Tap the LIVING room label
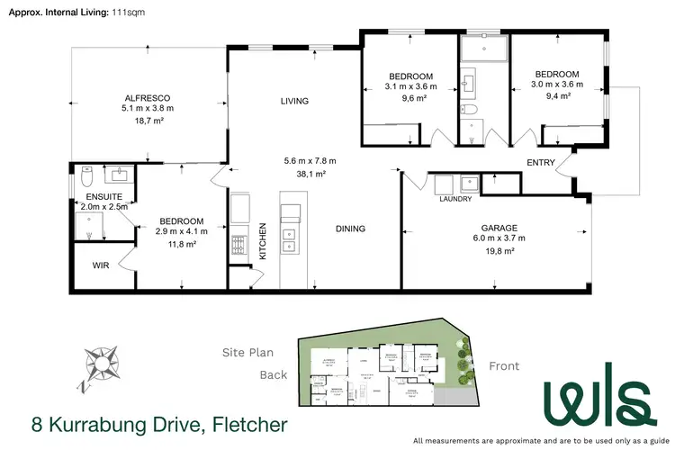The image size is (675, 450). (294, 101)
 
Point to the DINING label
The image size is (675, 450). (350, 229)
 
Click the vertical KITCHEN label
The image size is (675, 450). (264, 241)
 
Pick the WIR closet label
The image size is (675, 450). (102, 265)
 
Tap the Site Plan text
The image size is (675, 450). (247, 353)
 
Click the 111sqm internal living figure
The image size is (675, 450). (127, 12)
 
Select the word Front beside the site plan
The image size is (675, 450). (505, 366)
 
